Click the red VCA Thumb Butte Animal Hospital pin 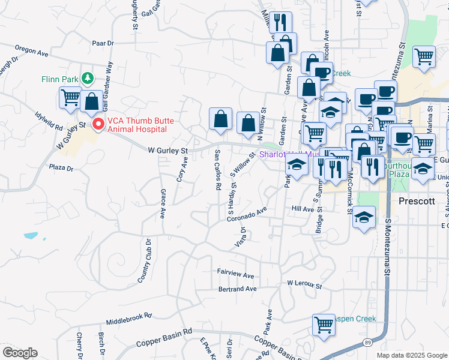point(99,124)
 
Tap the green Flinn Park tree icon point(88,79)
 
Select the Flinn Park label point(60,79)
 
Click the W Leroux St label point(304,282)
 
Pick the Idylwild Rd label point(49,120)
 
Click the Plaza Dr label point(61,169)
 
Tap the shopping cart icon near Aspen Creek point(324,325)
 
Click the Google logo point(20,353)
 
